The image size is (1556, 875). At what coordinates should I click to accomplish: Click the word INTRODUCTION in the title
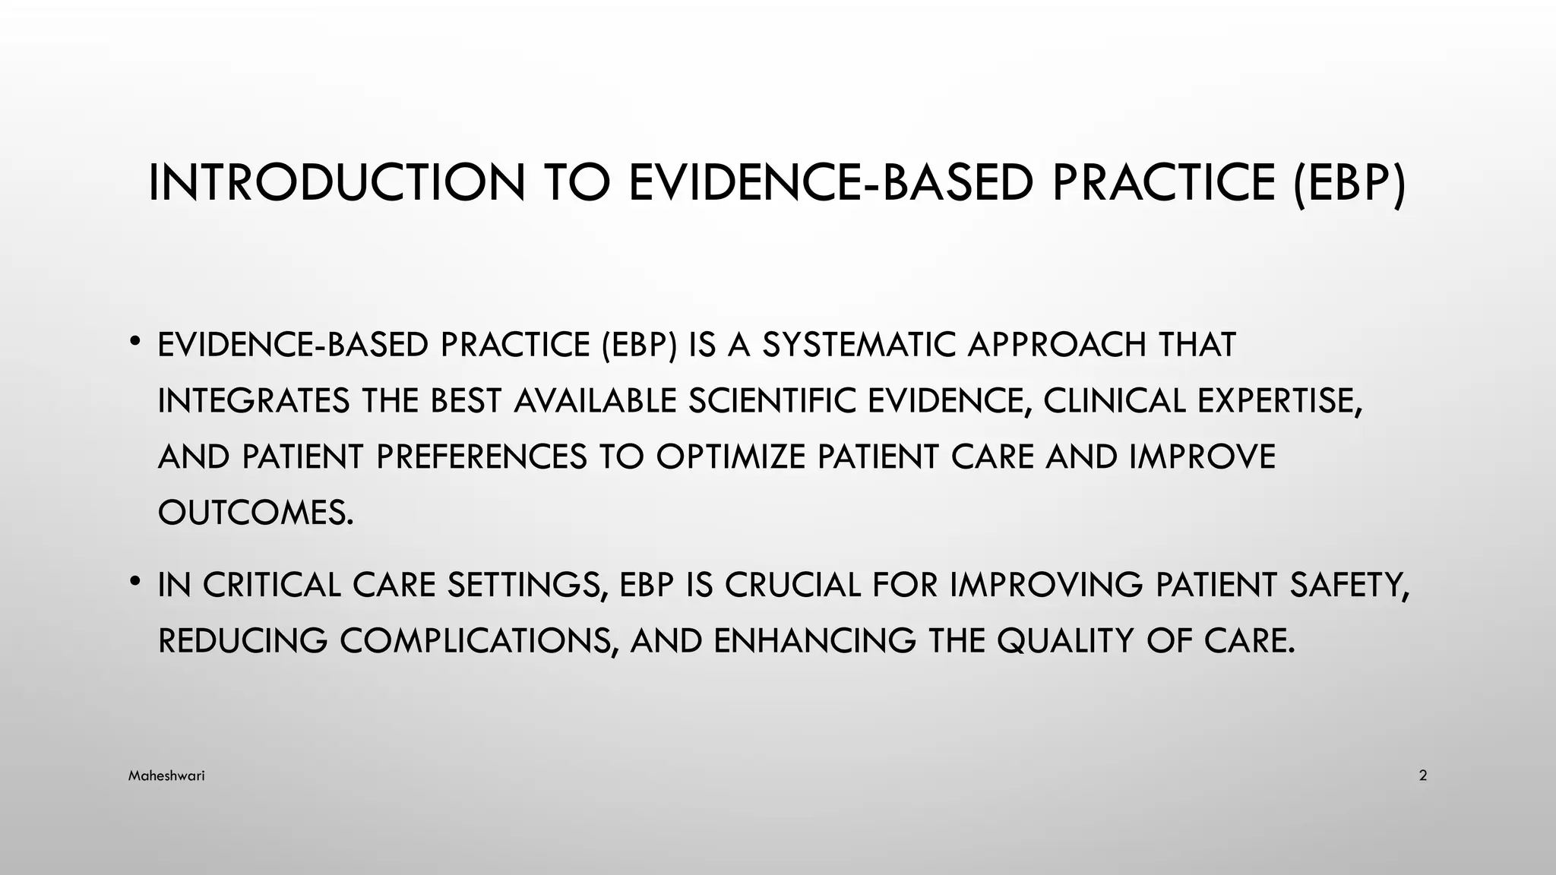pos(337,183)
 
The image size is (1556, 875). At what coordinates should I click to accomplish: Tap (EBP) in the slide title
pos(1349,183)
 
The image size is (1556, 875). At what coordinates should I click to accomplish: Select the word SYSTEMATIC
pos(859,345)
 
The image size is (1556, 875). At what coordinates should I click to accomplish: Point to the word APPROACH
pos(1057,345)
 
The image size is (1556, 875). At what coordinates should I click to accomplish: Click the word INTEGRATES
pos(254,401)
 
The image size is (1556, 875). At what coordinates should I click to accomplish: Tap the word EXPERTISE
pos(1280,401)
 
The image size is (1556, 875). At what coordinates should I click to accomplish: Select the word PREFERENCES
pos(482,457)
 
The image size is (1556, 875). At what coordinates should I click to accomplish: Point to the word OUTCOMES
pos(255,513)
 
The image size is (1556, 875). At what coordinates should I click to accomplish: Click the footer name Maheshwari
pos(166,776)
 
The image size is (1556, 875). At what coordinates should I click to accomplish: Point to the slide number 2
pos(1422,776)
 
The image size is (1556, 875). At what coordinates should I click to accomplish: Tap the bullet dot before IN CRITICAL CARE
pos(134,582)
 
